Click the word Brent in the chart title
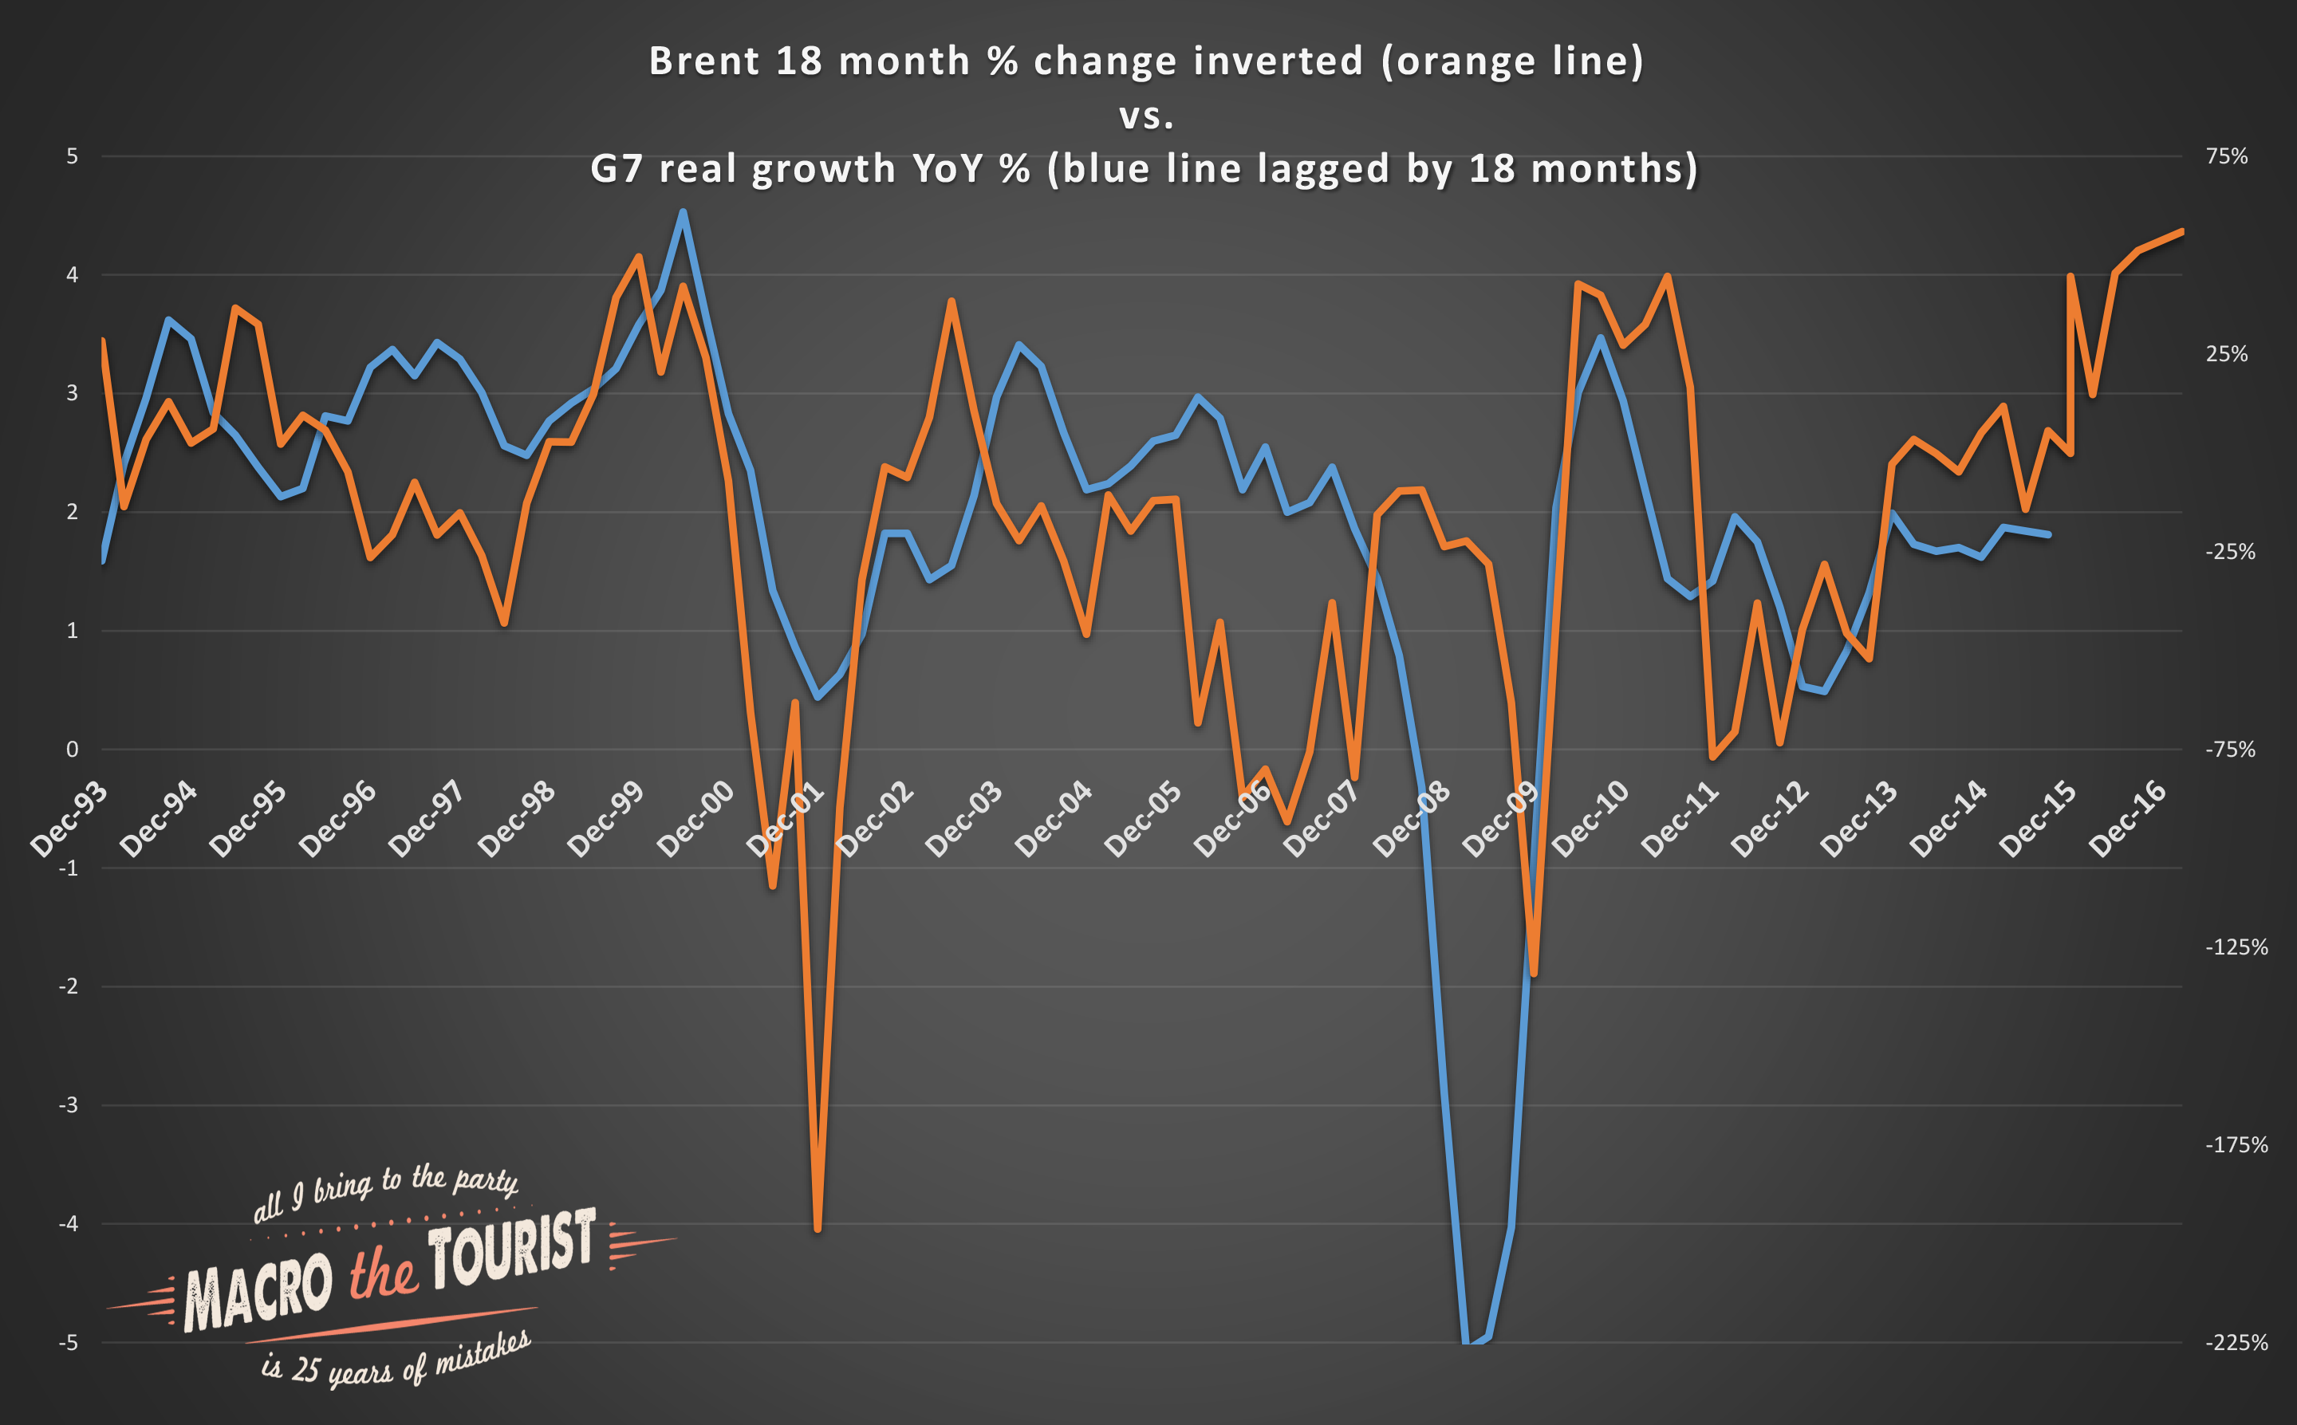[x=704, y=61]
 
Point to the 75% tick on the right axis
[x=2226, y=156]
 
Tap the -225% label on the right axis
[x=2236, y=1343]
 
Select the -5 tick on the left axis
[x=69, y=1343]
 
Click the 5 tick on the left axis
[x=73, y=156]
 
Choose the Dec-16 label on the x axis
[x=2128, y=819]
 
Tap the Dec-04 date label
[x=1054, y=819]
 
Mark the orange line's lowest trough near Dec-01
[x=818, y=1229]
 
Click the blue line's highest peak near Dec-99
[x=684, y=212]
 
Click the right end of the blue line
[x=2048, y=534]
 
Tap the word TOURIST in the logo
[x=512, y=1249]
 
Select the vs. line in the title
[x=1146, y=115]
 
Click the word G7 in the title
[x=617, y=170]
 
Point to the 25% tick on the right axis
[x=2226, y=354]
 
